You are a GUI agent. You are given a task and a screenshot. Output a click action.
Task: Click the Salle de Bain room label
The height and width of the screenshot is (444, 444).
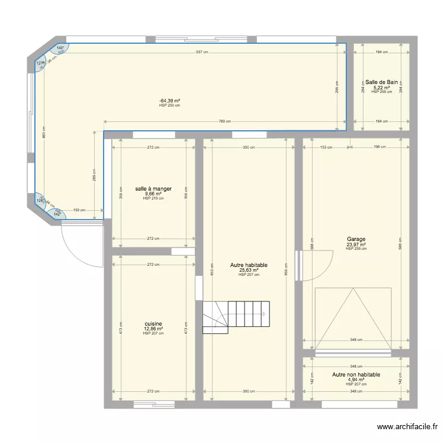pos(381,82)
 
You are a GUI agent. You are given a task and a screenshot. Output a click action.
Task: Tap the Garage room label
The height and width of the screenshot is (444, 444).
pos(356,240)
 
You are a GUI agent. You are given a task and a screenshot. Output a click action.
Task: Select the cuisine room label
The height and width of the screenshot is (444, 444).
pos(153,324)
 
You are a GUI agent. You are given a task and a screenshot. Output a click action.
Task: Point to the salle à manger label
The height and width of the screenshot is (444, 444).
pos(153,189)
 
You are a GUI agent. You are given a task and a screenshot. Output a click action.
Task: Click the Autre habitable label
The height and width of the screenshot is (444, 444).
pos(249,266)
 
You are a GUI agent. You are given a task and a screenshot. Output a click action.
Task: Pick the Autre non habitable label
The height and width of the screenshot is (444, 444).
pos(356,375)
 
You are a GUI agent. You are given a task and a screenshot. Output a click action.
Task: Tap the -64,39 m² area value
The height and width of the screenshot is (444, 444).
pos(169,101)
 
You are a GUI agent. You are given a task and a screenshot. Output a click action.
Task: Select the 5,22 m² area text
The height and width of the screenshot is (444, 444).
pos(381,88)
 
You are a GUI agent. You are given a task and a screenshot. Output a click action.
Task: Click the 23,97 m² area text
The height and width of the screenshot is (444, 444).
pos(356,244)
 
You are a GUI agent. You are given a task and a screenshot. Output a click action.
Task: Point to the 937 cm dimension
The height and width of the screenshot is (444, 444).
pos(202,52)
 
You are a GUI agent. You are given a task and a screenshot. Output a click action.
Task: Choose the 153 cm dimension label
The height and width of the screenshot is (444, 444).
pos(326,147)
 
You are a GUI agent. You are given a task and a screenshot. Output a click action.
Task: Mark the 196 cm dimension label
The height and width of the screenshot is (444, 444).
pos(379,147)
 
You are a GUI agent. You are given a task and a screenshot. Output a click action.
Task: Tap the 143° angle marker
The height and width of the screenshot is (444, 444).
pos(60,49)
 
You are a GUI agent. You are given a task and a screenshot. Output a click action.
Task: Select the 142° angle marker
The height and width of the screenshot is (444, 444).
pos(57,214)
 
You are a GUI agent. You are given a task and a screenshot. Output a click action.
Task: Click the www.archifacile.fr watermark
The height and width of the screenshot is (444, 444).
pos(408,426)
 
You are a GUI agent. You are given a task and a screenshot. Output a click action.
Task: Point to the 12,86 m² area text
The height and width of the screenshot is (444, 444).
pos(153,329)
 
